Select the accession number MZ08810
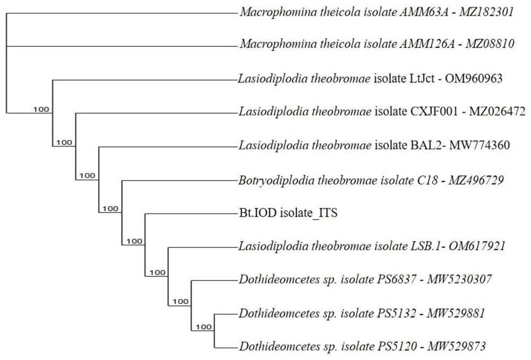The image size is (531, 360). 490,44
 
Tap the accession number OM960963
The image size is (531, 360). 474,79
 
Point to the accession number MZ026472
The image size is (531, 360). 497,111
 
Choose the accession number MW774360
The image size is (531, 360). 479,145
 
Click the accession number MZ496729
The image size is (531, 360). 476,180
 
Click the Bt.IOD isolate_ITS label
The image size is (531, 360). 288,213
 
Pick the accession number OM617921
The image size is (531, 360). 477,246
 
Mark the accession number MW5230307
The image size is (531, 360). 459,279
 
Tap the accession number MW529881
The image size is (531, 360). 456,313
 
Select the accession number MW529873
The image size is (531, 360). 457,346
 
